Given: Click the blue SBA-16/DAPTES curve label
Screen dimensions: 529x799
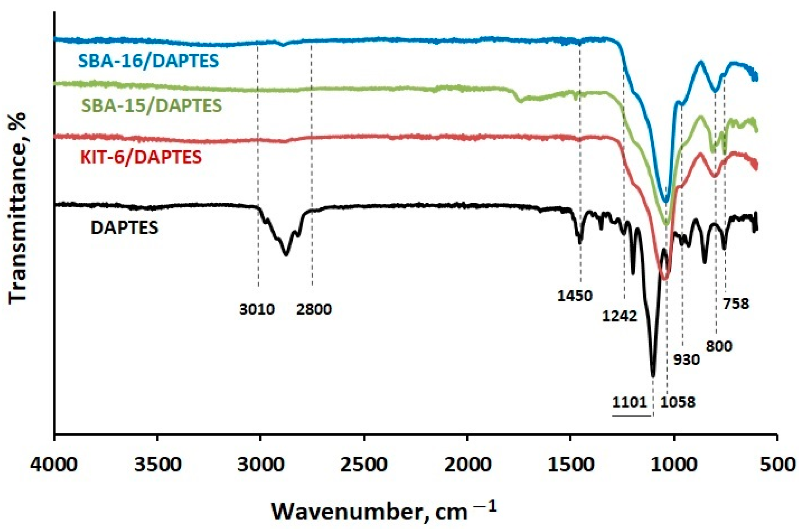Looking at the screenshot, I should (x=148, y=61).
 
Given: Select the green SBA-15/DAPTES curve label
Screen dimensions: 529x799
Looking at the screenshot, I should (x=151, y=105).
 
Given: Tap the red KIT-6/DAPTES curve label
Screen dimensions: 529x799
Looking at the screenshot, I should (x=141, y=157).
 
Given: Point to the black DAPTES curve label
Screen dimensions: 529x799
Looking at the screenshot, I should (x=124, y=228).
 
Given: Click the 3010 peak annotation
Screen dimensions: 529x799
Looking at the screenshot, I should (x=257, y=309).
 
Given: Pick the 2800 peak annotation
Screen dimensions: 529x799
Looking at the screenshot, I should (x=314, y=309).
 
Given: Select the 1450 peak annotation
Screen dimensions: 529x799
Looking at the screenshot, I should (x=575, y=296).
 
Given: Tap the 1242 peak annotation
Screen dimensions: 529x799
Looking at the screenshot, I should (x=620, y=316).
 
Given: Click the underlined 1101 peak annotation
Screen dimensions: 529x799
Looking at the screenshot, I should (x=630, y=402).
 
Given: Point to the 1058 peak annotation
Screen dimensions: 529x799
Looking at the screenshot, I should (x=678, y=402).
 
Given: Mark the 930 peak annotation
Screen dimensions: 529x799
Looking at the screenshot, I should (x=687, y=360).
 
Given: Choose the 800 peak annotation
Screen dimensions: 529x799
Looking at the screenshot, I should (x=719, y=347).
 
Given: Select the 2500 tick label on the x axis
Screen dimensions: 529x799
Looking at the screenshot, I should (x=364, y=464).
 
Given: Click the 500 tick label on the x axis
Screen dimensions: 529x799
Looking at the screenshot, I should (x=777, y=464).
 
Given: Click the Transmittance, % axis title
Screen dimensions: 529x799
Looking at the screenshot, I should (x=18, y=207).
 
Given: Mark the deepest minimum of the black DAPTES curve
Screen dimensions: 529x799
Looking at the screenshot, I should (x=653, y=375).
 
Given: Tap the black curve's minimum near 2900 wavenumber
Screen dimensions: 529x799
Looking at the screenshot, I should (x=286, y=255).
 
